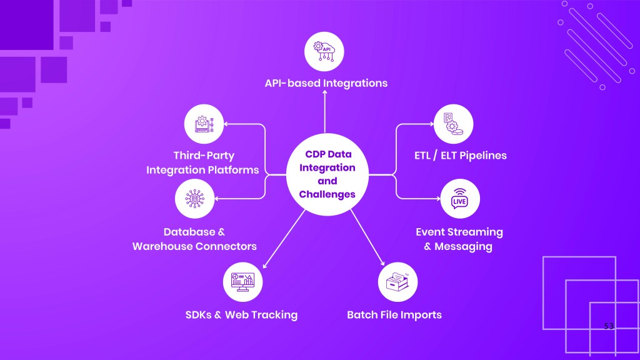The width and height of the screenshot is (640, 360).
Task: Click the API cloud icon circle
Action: pos(324,50)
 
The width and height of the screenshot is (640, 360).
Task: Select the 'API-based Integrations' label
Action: pos(326,83)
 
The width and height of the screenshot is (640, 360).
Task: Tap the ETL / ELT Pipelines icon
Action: pos(453,124)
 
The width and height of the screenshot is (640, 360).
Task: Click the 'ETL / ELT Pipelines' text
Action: pos(460,155)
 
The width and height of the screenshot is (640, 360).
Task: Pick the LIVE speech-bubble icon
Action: pos(460,198)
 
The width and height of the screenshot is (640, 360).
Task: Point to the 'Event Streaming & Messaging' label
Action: pos(459,239)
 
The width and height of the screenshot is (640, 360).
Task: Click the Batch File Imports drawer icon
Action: pos(397,282)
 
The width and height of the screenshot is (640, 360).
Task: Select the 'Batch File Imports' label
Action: pos(394,314)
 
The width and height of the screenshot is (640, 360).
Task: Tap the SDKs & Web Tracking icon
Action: pos(242,282)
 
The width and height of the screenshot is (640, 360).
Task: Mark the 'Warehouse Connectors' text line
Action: pos(194,246)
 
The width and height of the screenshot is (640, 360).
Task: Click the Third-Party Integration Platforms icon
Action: pos(204,124)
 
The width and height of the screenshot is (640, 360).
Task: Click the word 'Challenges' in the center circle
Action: pos(327,194)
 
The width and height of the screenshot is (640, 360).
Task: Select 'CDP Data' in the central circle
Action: pos(327,154)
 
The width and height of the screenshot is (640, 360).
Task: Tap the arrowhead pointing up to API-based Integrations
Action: pos(325,92)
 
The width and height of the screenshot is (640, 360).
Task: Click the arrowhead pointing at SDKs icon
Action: pos(266,266)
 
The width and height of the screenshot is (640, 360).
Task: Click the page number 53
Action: pos(610,327)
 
